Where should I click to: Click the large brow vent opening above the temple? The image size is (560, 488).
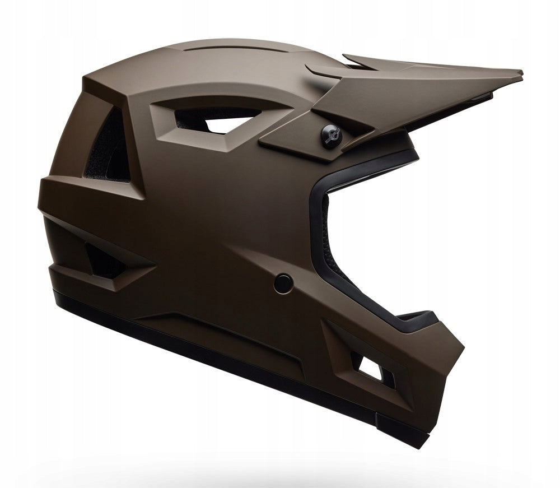click(207, 117)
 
